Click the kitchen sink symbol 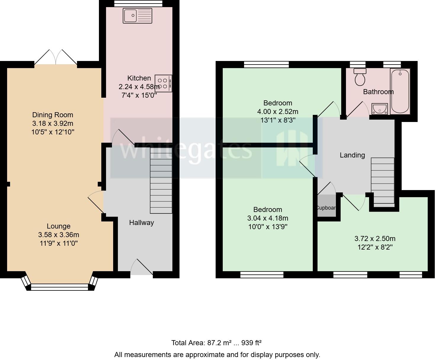point(137,16)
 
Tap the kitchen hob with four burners point(163,83)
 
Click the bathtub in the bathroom point(400,91)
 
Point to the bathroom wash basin point(380,109)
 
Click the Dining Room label point(52,115)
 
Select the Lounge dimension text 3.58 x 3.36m point(59,235)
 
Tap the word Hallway point(141,223)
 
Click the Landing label point(352,155)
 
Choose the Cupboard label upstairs point(326,208)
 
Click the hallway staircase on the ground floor point(161,181)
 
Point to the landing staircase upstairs point(383,182)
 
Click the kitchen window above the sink point(138,3)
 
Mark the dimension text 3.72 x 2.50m point(375,239)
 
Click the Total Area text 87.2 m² point(216,343)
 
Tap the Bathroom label point(378,92)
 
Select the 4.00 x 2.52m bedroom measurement point(278,112)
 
